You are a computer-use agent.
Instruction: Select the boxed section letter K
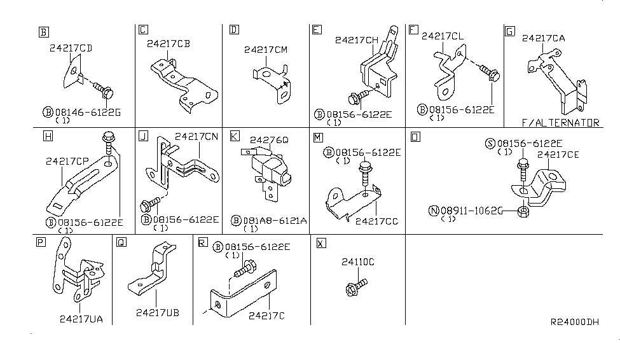235,136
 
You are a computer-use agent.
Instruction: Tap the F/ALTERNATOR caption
560,123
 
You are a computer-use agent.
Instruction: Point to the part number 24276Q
269,139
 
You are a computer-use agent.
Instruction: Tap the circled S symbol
490,144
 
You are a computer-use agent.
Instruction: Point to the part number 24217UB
157,312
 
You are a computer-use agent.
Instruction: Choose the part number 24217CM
266,49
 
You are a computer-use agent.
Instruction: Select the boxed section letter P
41,242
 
